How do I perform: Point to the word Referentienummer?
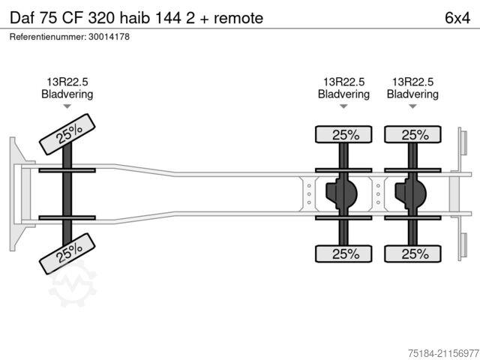click(x=48, y=37)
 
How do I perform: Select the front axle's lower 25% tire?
click(x=67, y=255)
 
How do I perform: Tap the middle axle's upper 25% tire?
click(x=344, y=135)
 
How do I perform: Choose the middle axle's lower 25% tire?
click(x=344, y=253)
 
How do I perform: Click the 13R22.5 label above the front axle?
click(x=67, y=82)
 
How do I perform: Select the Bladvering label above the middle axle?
click(x=343, y=94)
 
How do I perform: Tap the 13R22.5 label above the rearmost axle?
click(x=412, y=82)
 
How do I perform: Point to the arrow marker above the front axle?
click(x=67, y=107)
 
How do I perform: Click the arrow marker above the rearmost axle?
click(x=412, y=107)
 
